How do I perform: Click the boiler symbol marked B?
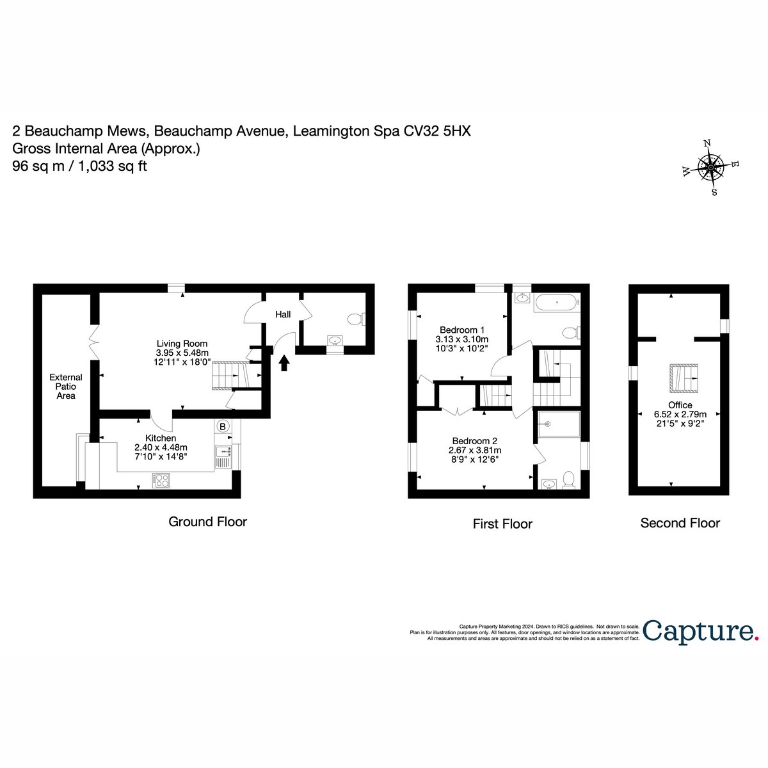[222, 426]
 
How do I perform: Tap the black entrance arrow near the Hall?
[284, 363]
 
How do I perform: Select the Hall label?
[283, 314]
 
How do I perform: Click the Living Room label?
[182, 344]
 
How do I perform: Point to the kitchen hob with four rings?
[161, 480]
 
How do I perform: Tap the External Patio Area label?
[66, 386]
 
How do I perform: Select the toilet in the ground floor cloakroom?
[356, 319]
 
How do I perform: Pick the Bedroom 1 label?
[462, 330]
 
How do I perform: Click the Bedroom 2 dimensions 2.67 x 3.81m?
[475, 451]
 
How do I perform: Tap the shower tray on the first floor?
[559, 424]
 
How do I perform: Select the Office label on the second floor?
[680, 405]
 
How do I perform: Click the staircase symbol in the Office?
[684, 378]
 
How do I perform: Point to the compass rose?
[711, 168]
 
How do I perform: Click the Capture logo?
[701, 631]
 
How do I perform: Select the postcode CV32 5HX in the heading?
[437, 131]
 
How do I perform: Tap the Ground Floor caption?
[207, 522]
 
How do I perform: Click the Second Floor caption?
[680, 523]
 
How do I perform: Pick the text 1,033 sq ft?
[113, 166]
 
